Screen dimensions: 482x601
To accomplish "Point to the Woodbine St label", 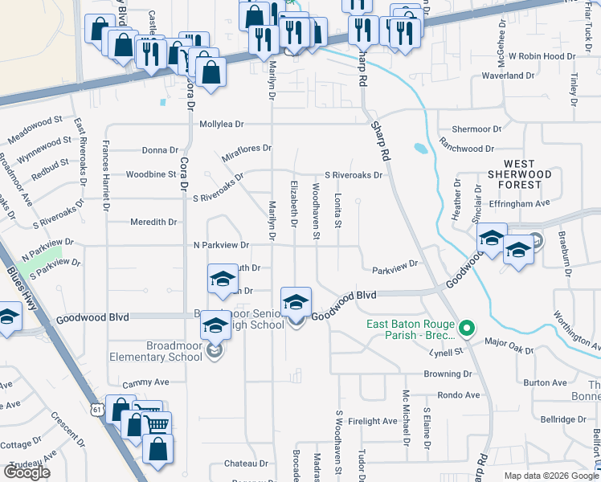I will click(151, 174).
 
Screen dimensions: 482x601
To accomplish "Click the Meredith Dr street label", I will click(152, 222).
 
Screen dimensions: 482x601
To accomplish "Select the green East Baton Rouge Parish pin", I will click(465, 328).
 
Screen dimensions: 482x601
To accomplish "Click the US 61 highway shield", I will click(97, 410).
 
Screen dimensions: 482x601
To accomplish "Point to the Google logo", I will click(27, 472).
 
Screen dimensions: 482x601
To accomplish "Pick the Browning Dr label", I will click(448, 374).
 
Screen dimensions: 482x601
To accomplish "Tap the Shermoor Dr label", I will click(476, 129).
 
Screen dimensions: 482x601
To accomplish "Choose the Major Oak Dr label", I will click(509, 342).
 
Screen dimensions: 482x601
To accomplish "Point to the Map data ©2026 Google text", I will click(550, 476).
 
